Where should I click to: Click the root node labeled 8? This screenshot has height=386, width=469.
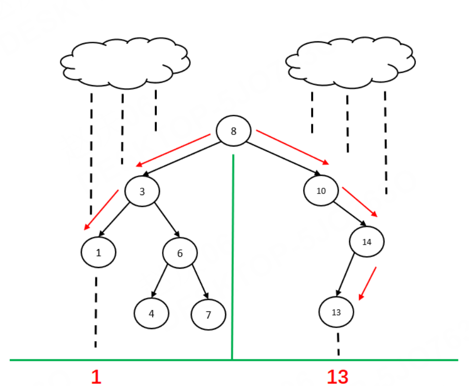point(233,131)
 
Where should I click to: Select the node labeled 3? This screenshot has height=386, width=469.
point(142,191)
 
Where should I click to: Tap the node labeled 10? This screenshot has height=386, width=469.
point(321,191)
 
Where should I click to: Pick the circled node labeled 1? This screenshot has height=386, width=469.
point(98,253)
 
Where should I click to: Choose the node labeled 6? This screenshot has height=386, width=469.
point(180,254)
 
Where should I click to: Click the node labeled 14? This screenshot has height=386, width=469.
point(366,241)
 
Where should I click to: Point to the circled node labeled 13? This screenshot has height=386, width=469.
point(336,312)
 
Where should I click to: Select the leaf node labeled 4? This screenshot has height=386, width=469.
point(151,313)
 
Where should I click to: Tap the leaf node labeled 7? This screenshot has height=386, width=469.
point(208,315)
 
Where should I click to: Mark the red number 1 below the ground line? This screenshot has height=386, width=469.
point(96,377)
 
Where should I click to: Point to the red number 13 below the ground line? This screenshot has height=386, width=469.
point(337,377)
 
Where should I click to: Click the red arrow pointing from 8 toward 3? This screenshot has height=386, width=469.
point(174,150)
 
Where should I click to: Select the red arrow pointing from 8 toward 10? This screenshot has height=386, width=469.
point(292,148)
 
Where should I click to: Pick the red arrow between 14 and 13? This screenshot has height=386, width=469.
point(367,284)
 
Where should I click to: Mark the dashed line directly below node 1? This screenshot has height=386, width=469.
point(96,312)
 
